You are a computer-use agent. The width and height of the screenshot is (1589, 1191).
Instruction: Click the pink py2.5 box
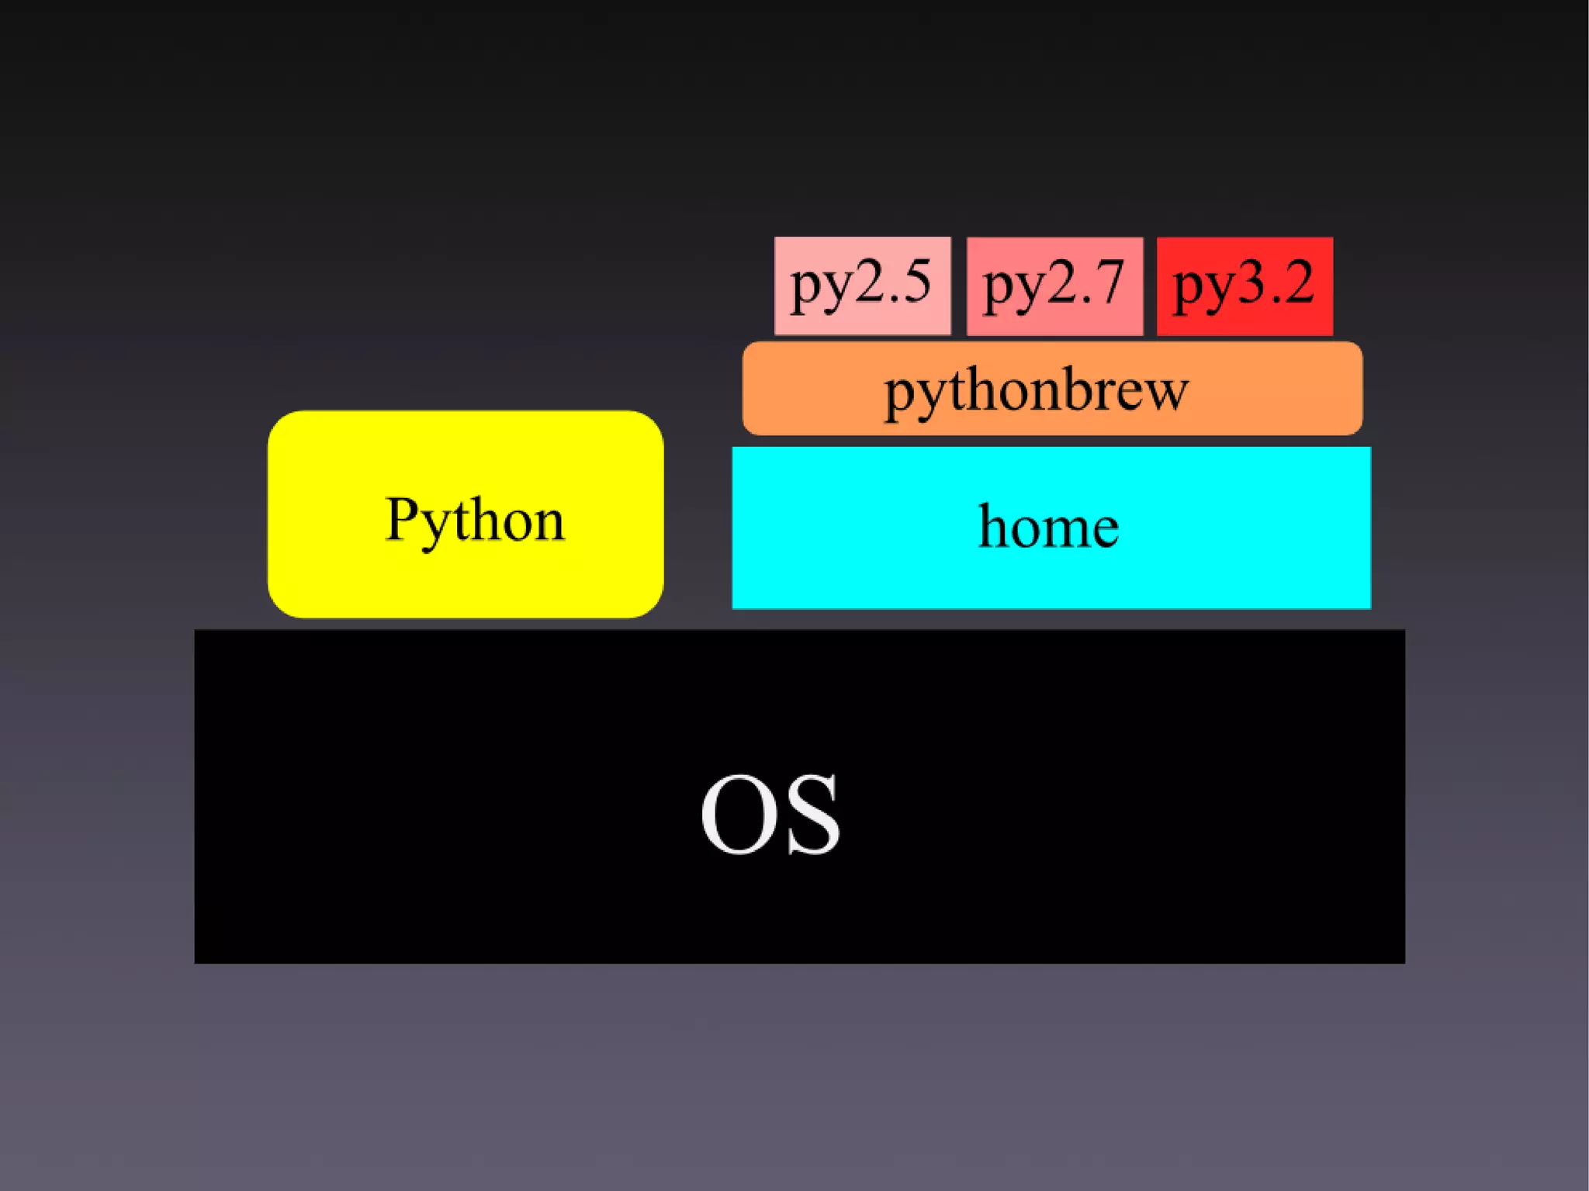click(862, 286)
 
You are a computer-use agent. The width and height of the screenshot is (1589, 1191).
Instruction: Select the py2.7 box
click(1054, 286)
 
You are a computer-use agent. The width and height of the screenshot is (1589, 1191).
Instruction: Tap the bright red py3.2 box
click(1245, 286)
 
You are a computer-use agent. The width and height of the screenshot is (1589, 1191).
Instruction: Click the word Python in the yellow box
click(475, 520)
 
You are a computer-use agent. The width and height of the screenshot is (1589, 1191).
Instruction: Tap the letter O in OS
click(739, 815)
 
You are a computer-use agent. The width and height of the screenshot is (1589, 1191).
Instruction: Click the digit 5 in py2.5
click(914, 282)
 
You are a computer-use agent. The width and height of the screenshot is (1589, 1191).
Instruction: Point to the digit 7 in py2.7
click(1107, 282)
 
